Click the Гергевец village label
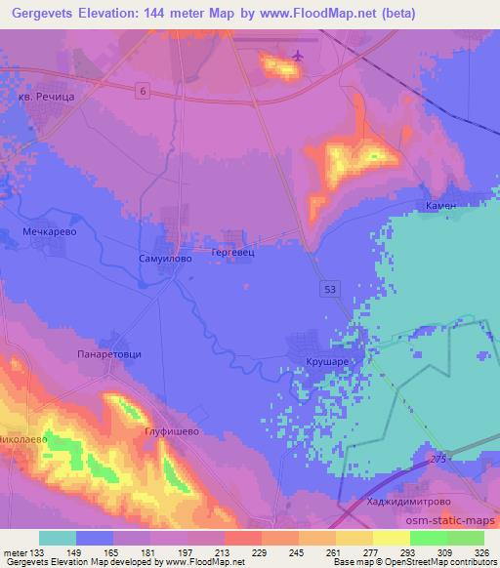233,251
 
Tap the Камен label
441,207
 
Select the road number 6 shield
143,91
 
